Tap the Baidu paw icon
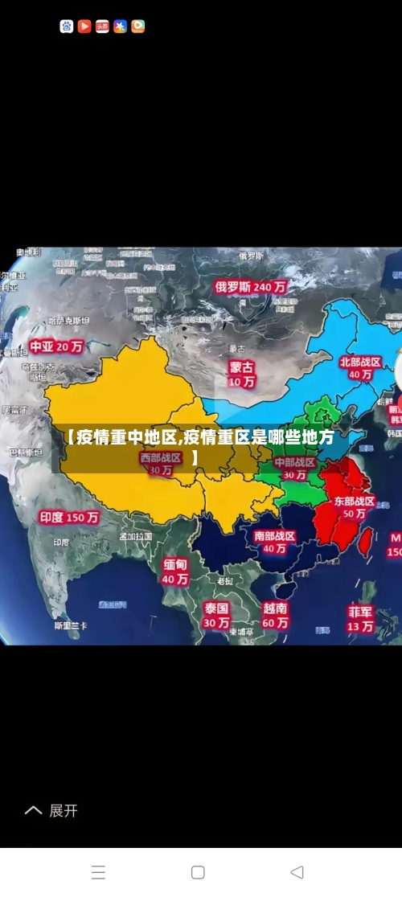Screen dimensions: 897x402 pyautogui.click(x=67, y=27)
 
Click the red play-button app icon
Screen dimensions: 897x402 pyautogui.click(x=84, y=27)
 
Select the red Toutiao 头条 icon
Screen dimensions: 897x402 pyautogui.click(x=102, y=27)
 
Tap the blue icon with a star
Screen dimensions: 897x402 pyautogui.click(x=120, y=27)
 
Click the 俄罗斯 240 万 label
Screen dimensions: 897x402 pyautogui.click(x=251, y=286)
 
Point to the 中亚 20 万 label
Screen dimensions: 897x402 pyautogui.click(x=56, y=347)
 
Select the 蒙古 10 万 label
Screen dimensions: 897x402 pyautogui.click(x=241, y=374)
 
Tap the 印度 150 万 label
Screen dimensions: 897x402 pyautogui.click(x=70, y=518)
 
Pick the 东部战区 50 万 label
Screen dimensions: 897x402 pyautogui.click(x=355, y=507)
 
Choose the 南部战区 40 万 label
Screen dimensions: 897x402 pyautogui.click(x=275, y=542)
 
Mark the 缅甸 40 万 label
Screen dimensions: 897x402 pyautogui.click(x=175, y=571)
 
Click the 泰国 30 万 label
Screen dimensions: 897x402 pyautogui.click(x=216, y=615)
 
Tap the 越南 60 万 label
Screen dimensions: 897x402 pyautogui.click(x=275, y=615)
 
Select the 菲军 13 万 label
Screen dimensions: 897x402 pyautogui.click(x=360, y=618)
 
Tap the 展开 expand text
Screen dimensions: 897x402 pyautogui.click(x=64, y=811)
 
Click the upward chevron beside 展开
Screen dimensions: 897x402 pyautogui.click(x=33, y=811)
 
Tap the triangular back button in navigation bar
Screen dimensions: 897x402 pyautogui.click(x=297, y=872)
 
